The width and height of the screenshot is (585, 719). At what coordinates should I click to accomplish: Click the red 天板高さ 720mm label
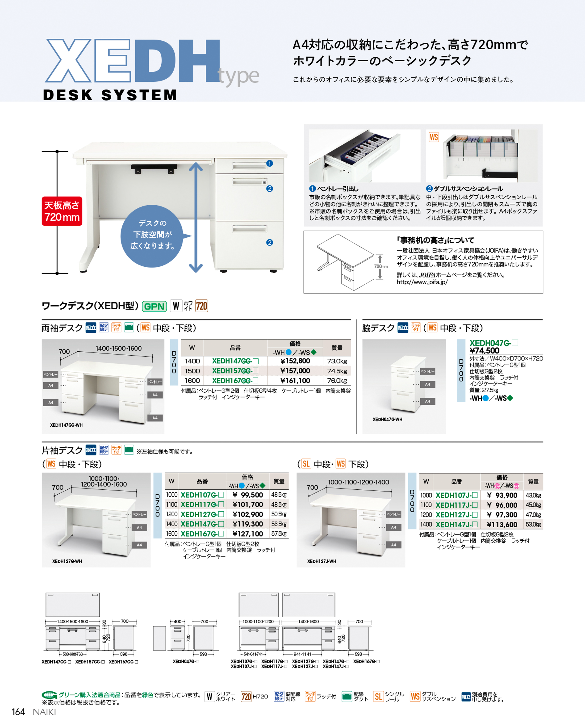62,211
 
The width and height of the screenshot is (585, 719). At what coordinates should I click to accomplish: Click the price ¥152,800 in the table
295,361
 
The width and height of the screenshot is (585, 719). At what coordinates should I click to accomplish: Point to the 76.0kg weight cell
337,381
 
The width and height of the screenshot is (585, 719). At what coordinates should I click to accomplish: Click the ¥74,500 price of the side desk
484,351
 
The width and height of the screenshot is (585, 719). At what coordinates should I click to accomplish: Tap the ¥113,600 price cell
502,525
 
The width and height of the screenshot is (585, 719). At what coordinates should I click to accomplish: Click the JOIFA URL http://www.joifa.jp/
422,282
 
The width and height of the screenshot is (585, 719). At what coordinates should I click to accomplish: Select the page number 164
18,712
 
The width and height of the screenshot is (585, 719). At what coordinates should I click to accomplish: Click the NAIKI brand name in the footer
44,712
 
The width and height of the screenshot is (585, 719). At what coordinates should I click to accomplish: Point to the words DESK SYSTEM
110,95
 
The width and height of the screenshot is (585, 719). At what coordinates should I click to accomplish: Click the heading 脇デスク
378,328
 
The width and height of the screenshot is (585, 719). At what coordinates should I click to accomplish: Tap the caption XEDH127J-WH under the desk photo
322,561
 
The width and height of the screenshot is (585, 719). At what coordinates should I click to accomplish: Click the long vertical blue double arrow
196,217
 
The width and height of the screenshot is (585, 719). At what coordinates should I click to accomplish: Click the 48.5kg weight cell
279,505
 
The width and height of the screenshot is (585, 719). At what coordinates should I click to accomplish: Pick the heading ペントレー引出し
337,189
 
